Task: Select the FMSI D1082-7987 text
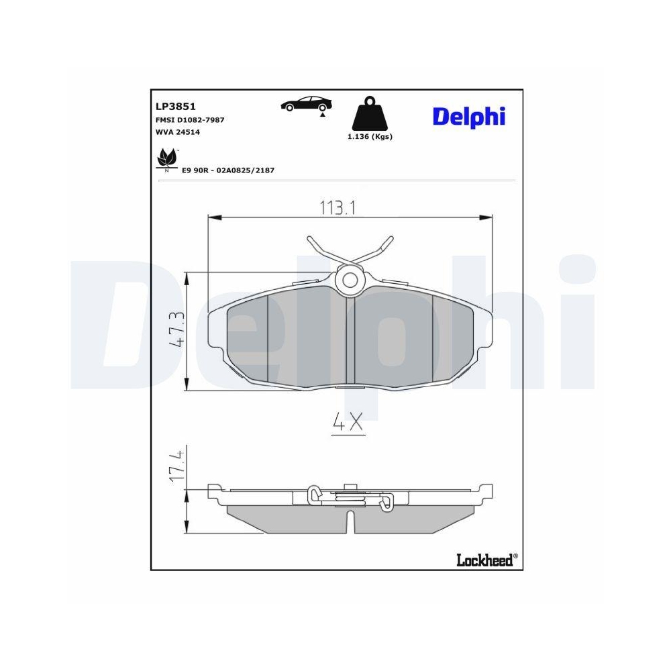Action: point(190,119)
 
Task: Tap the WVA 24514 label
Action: point(178,132)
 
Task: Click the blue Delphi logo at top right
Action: point(468,116)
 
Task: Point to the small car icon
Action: point(306,104)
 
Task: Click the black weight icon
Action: point(370,115)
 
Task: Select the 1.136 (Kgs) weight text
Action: point(370,136)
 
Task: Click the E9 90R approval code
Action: point(228,170)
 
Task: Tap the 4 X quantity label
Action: point(348,422)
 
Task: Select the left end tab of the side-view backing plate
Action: point(214,493)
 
